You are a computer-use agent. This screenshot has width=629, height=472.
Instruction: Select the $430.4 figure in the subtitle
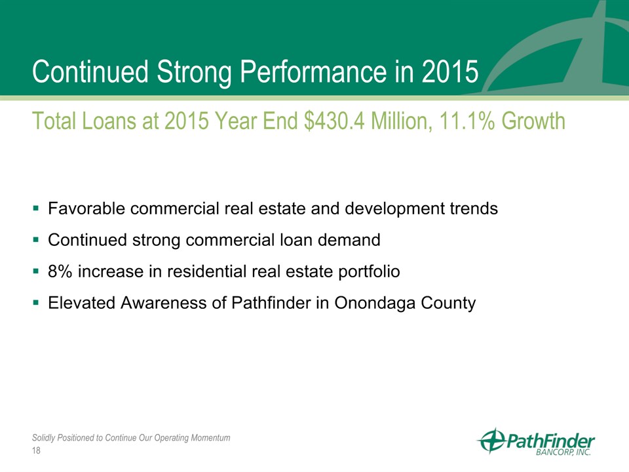[334, 121]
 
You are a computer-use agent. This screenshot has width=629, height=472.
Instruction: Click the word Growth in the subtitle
[533, 121]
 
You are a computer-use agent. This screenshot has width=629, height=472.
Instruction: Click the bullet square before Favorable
[36, 208]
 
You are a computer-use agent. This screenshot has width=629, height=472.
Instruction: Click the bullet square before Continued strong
[36, 240]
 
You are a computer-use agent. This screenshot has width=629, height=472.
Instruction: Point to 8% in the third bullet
[60, 271]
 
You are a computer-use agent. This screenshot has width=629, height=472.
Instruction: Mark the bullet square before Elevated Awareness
[36, 303]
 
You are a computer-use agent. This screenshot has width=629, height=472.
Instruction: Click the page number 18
[36, 451]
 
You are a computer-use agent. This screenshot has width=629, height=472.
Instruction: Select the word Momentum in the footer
[210, 437]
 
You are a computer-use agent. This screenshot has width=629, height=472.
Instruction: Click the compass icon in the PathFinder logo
[493, 441]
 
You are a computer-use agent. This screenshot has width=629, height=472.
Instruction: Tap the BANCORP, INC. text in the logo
[563, 452]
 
